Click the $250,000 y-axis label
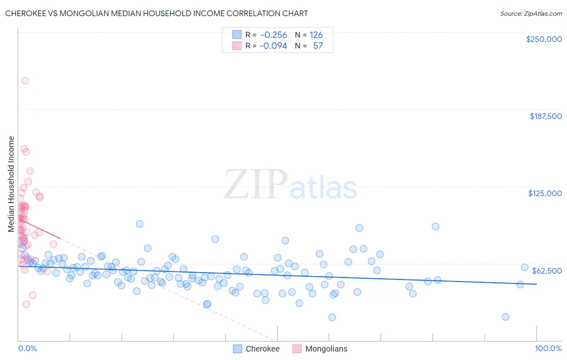tap(544, 39)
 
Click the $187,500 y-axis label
tap(545, 116)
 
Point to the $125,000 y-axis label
tap(545, 193)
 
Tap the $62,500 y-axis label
tap(547, 271)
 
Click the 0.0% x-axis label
tap(27, 348)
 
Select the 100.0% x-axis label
tap(548, 348)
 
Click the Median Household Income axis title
tap(11, 184)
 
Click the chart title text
tap(156, 13)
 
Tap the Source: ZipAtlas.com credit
tap(531, 13)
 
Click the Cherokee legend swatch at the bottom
tap(238, 349)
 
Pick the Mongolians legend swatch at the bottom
tap(297, 349)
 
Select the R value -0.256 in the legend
tap(273, 35)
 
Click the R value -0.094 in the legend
tap(273, 46)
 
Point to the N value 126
tap(316, 35)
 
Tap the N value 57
tap(318, 46)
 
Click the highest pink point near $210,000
tap(25, 81)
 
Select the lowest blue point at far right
tap(505, 317)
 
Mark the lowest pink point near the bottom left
tap(26, 304)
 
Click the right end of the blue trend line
tap(536, 284)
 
